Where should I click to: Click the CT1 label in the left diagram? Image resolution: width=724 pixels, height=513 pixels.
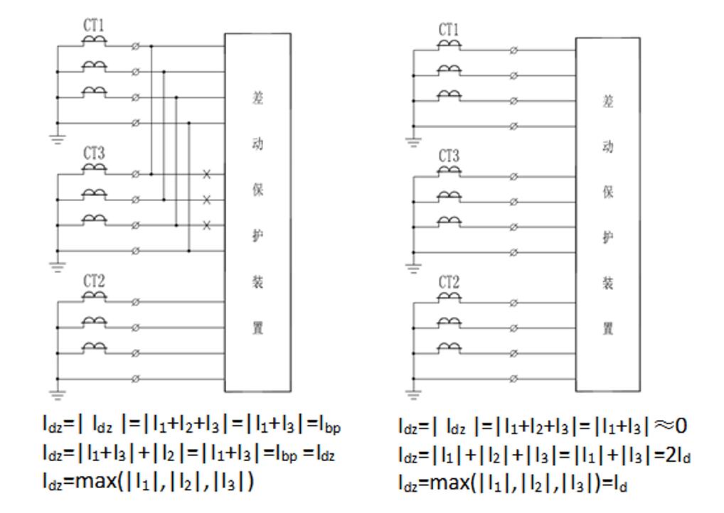tap(94, 26)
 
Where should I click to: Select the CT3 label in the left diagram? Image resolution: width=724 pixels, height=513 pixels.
tap(94, 153)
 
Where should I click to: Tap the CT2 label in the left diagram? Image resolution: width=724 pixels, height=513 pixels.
tap(94, 281)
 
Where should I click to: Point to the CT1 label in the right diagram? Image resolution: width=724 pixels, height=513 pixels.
tap(449, 30)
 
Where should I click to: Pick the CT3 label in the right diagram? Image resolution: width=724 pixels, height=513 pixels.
tap(449, 156)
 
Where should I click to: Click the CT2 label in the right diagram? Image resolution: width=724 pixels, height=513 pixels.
tap(449, 283)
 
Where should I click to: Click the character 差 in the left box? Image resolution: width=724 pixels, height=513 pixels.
tap(258, 98)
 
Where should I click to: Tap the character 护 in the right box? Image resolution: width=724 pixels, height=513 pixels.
tap(608, 237)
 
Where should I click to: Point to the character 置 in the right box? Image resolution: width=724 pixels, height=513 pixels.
tap(608, 328)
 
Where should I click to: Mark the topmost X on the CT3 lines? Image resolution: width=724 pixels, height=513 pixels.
tap(207, 174)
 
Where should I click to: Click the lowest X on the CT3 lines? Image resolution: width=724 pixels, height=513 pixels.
tap(207, 225)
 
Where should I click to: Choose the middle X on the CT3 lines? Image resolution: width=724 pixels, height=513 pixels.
tap(207, 200)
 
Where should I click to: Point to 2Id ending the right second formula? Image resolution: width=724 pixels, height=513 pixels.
tap(679, 455)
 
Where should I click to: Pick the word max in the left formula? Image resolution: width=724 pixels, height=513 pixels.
tap(85, 482)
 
